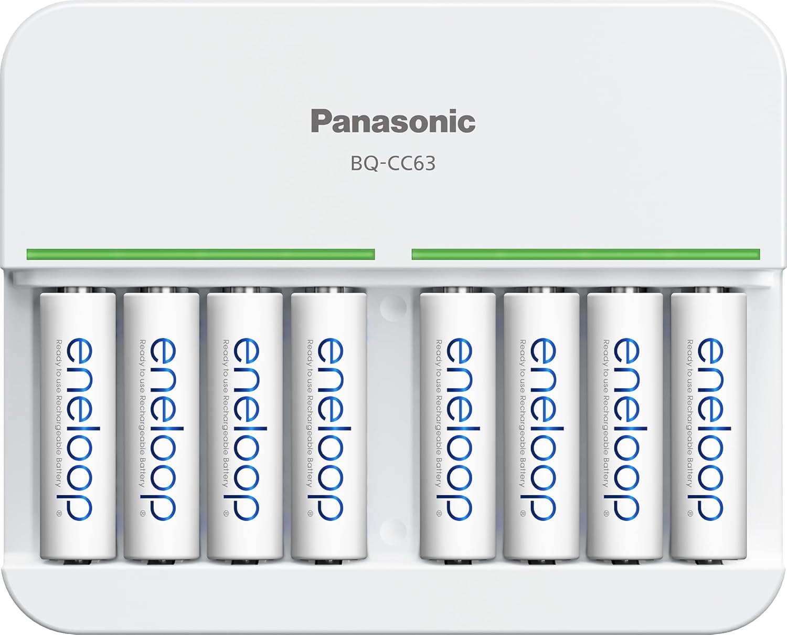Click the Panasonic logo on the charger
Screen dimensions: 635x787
pos(393,121)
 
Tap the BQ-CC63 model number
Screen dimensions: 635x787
pos(393,164)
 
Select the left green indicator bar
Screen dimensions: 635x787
pos(200,255)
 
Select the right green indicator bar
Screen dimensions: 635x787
pos(586,255)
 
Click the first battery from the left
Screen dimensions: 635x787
pos(78,425)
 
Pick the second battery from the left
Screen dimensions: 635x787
pos(161,425)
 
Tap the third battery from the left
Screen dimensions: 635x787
pos(244,425)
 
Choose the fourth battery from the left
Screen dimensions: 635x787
pos(328,425)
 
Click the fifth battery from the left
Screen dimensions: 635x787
pos(458,425)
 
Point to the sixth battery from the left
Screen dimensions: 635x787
pos(541,425)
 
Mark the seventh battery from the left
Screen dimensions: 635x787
pos(624,425)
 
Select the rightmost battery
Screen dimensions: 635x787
pos(708,425)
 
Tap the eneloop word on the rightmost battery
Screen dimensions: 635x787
pos(711,429)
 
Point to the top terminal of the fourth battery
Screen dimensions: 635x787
pos(328,290)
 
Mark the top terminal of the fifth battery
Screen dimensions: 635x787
pos(458,290)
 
